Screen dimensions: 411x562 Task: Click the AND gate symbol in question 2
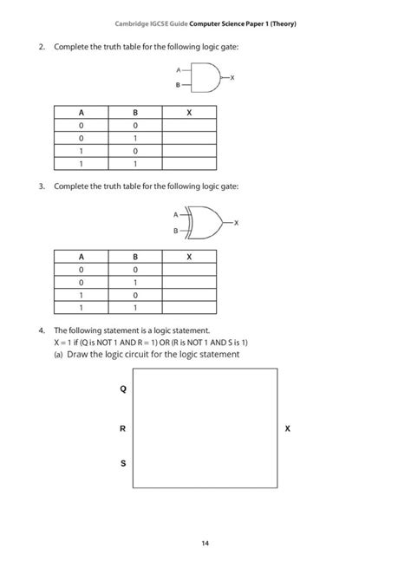coord(206,78)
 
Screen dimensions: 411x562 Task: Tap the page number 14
coord(205,543)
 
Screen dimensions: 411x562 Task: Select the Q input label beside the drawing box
coord(122,389)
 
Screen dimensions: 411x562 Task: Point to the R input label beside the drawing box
coord(122,428)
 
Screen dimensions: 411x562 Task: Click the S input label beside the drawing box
coord(122,464)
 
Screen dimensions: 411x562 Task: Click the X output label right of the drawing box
coord(288,428)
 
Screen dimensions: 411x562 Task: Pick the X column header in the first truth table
coord(189,113)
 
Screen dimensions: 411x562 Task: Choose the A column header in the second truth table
coord(82,257)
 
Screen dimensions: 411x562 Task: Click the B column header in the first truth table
coord(135,113)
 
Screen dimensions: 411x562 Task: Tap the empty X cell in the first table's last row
coord(189,163)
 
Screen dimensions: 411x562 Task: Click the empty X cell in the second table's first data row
coord(189,270)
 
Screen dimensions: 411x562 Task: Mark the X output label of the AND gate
coord(233,78)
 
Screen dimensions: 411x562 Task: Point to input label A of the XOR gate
coord(175,213)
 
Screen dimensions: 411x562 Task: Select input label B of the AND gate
coord(178,86)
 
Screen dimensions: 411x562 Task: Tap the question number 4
coord(41,330)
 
